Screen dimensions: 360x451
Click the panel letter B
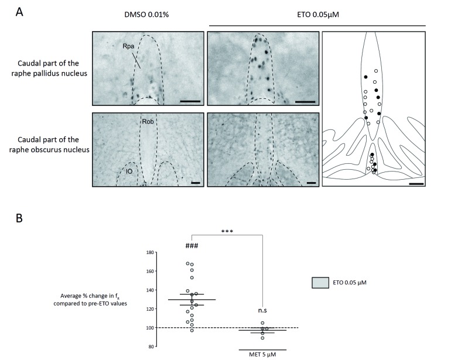[x=19, y=220]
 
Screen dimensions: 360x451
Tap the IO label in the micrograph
[x=128, y=172]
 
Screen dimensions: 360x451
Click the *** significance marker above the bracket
[x=228, y=231]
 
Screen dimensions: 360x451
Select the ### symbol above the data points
[x=192, y=246]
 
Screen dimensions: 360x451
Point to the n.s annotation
[x=262, y=311]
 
